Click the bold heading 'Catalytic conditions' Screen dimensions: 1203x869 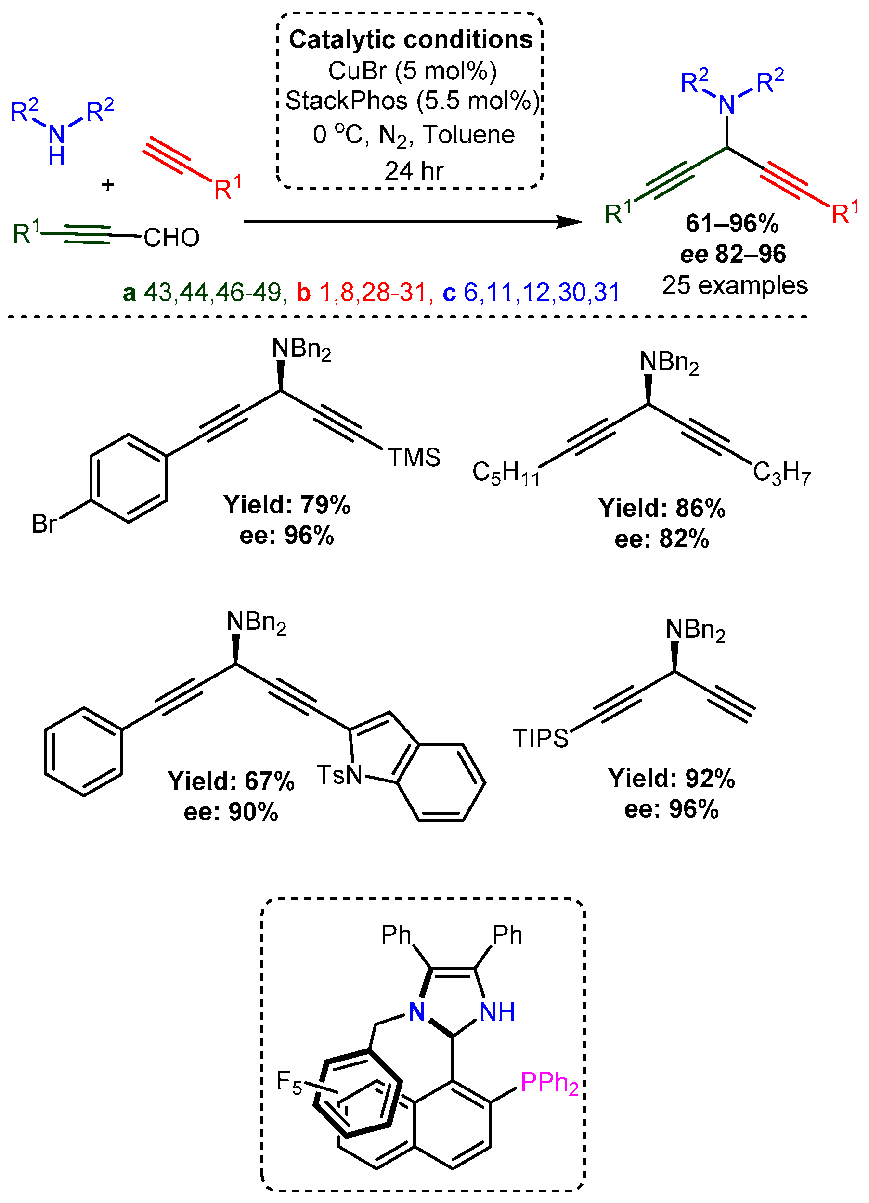[410, 40]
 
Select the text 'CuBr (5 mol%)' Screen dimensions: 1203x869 [413, 71]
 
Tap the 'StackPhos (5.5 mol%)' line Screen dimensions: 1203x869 [413, 101]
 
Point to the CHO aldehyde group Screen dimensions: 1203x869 [171, 238]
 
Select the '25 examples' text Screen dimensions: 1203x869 [734, 285]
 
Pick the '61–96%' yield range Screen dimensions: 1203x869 [732, 223]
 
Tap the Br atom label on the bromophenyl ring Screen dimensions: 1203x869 [44, 524]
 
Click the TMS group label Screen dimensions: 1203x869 [414, 457]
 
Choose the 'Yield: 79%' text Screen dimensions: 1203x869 [286, 504]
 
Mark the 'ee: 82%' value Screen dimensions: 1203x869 [661, 539]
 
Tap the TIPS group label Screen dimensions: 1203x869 [540, 738]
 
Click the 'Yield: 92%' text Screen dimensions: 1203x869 [672, 779]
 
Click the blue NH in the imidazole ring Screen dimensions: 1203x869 [497, 1012]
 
